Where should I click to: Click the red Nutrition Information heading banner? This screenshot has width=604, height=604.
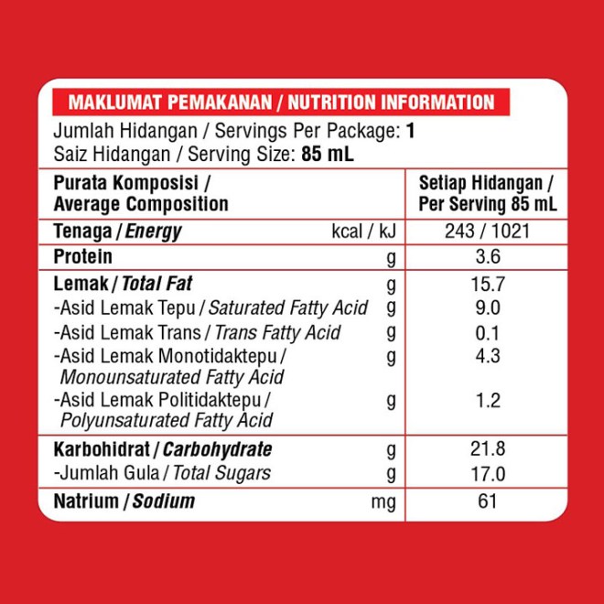pos(281,102)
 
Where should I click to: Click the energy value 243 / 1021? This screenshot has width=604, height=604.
pos(486,232)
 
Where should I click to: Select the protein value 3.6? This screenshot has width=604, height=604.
pos(487,257)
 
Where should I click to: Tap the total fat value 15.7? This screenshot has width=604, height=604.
pos(487,284)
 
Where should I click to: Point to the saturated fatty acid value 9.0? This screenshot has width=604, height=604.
pos(487,308)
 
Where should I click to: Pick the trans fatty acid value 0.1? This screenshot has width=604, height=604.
pos(487,332)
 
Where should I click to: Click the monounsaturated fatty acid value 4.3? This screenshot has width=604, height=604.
pos(487,355)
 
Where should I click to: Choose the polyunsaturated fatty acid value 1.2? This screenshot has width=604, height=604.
pos(487,400)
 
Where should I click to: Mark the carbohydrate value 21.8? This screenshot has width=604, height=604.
pos(487,449)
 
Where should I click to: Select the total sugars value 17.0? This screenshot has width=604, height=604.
pos(487,473)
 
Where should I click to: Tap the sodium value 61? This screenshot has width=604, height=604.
pos(487,501)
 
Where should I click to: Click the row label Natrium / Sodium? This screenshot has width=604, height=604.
pos(124,502)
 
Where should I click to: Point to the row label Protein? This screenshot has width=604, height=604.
pos(83,257)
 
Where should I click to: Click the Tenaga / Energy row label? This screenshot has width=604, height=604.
pos(117,232)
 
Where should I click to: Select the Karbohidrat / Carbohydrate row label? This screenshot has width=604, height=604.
pos(163,449)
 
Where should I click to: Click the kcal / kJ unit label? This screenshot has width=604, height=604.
pos(363,232)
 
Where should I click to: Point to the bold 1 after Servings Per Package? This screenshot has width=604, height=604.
pos(411,130)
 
